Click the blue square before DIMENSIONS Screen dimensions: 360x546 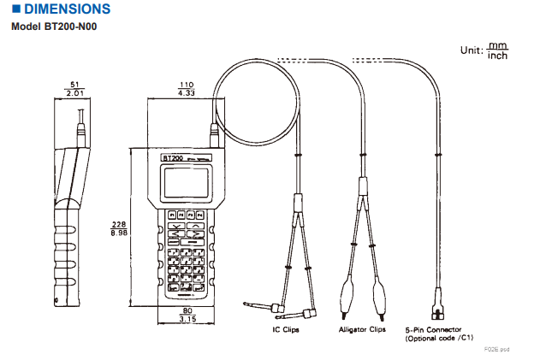pos(15,9)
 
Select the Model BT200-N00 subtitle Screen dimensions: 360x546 pos(54,27)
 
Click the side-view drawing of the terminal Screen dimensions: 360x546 pos(68,222)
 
